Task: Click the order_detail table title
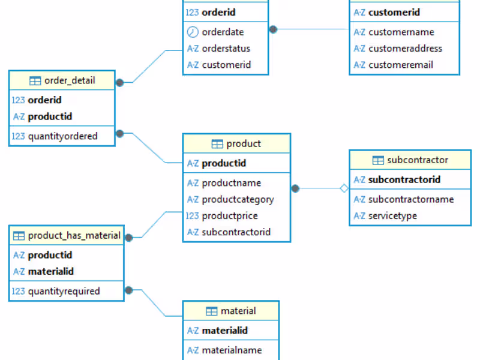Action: pyautogui.click(x=70, y=80)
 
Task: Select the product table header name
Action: pyautogui.click(x=244, y=143)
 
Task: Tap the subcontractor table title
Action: pyautogui.click(x=418, y=160)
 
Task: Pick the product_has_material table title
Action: pyautogui.click(x=74, y=235)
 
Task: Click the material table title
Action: pyautogui.click(x=238, y=311)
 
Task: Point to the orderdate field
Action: pyautogui.click(x=223, y=32)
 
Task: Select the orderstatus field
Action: pyautogui.click(x=226, y=49)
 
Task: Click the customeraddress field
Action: pyautogui.click(x=405, y=49)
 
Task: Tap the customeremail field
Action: pyautogui.click(x=400, y=65)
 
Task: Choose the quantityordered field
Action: pyautogui.click(x=62, y=136)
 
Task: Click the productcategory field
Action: pyautogui.click(x=238, y=199)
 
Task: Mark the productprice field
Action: pyautogui.click(x=230, y=215)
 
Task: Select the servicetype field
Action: pyautogui.click(x=392, y=215)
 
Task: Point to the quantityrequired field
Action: pyautogui.click(x=64, y=291)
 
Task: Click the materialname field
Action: pyautogui.click(x=232, y=350)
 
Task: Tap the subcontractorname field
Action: pyautogui.click(x=411, y=199)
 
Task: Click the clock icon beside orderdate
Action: pyautogui.click(x=193, y=32)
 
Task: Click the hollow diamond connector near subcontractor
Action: pyautogui.click(x=344, y=188)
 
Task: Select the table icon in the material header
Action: pyautogui.click(x=211, y=311)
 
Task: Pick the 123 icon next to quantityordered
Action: pyautogui.click(x=18, y=136)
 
